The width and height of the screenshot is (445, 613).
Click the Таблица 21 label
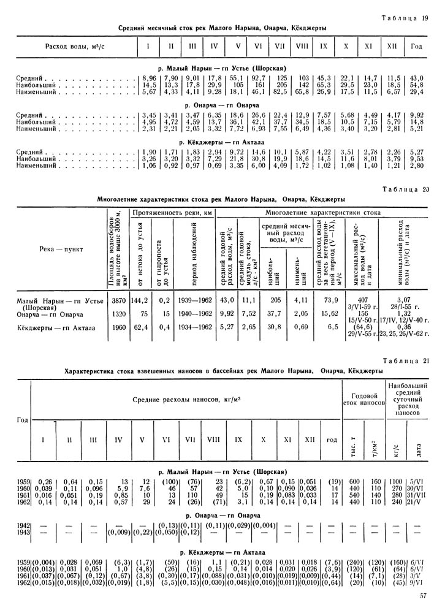(x=406, y=360)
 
